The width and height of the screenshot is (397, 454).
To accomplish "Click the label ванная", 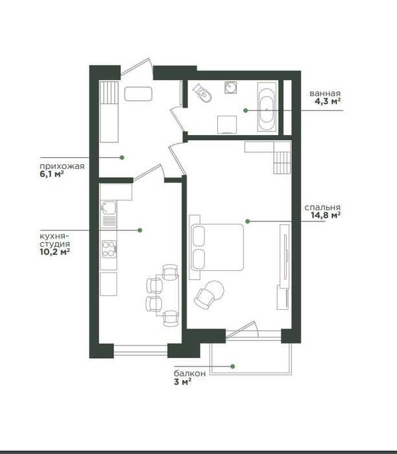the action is click(325, 94).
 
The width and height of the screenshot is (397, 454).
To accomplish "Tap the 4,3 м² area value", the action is click(328, 101).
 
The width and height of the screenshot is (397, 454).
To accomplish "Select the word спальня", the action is click(322, 208).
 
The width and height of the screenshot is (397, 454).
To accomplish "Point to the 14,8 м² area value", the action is click(326, 215).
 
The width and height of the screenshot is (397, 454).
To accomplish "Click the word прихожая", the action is click(62, 166).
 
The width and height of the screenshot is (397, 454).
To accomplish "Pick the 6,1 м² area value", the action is click(52, 174).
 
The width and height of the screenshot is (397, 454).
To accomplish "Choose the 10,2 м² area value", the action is click(54, 251).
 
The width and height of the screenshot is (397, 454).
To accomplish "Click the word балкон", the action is click(189, 373).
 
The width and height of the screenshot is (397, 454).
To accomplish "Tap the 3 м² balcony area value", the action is click(183, 382).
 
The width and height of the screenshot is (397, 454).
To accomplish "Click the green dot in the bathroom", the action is click(245, 110).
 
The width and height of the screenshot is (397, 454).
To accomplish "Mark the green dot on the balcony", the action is click(233, 366).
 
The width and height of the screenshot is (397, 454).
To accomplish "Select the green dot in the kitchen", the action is click(140, 230).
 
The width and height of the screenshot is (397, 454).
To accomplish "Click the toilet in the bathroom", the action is click(203, 93).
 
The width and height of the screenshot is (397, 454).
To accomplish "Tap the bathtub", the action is click(267, 107).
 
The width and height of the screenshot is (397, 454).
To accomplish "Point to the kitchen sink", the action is click(109, 208).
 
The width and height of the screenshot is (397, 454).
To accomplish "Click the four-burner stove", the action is click(109, 249).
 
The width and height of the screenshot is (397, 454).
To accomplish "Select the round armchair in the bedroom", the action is click(209, 294).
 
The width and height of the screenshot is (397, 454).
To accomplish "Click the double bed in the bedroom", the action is click(216, 247).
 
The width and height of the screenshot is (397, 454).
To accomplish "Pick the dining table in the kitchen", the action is click(167, 295).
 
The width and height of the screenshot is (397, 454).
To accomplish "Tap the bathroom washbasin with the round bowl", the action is click(231, 88).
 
